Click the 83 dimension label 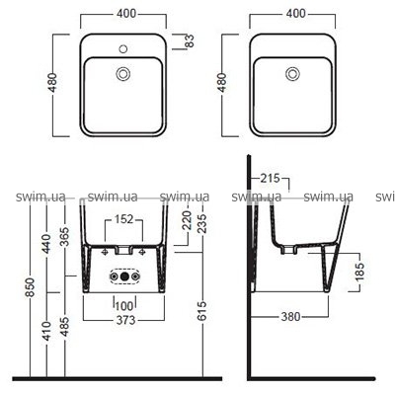pos(191,40)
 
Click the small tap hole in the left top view pos(123,49)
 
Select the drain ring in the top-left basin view pos(123,73)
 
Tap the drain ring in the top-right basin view pos(292,73)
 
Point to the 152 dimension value pos(124,219)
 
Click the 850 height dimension pos(30,287)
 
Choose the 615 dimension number pos(202,310)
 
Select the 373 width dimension pos(125,320)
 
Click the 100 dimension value pos(124,306)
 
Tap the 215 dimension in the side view pos(270,178)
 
